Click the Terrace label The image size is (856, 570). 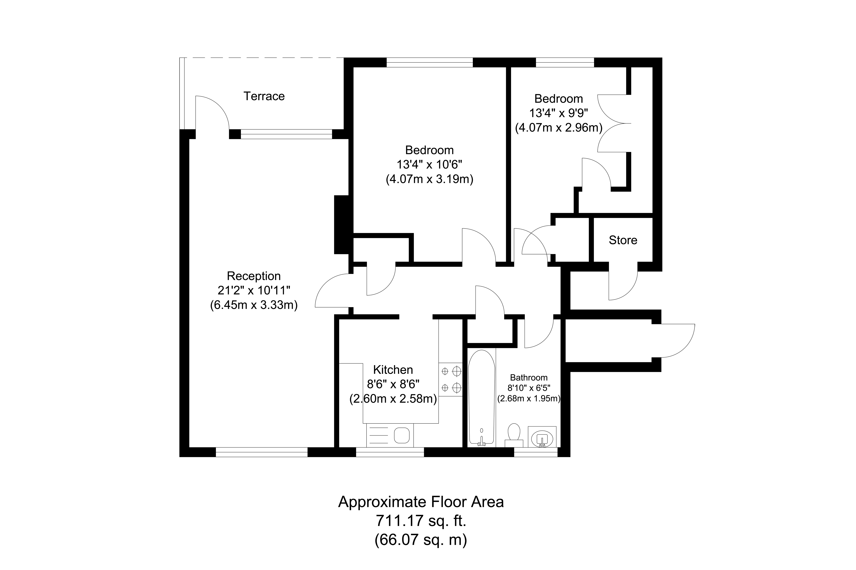pos(264,96)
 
